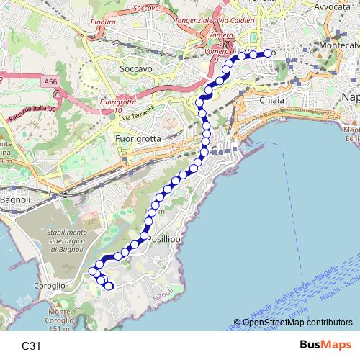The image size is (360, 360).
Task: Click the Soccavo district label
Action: click(x=137, y=69)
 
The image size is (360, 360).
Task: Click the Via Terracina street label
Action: click(x=138, y=113)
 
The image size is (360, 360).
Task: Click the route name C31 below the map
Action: click(x=31, y=346)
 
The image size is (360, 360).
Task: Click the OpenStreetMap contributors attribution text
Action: click(x=297, y=323)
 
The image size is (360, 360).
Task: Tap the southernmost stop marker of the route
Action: click(x=109, y=287)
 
